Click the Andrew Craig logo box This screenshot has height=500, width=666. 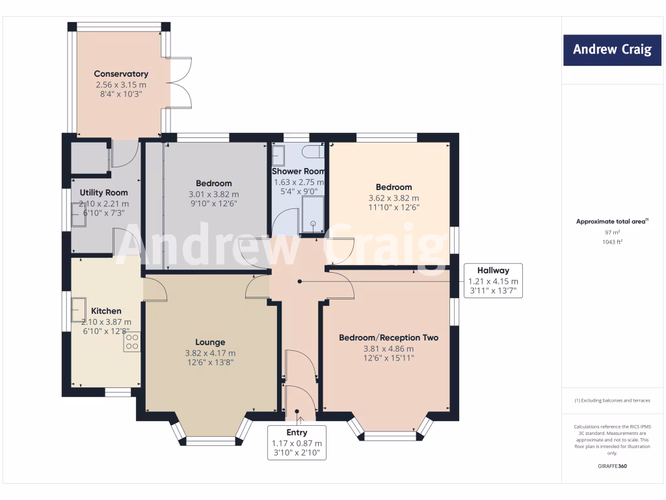pyautogui.click(x=612, y=50)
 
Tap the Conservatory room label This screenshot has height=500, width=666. pyautogui.click(x=121, y=74)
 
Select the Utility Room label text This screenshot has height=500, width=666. pyautogui.click(x=103, y=193)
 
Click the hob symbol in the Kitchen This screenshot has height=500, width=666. pyautogui.click(x=132, y=342)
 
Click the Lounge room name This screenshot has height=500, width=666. pyautogui.click(x=210, y=342)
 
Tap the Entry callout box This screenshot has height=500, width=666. pyautogui.click(x=297, y=443)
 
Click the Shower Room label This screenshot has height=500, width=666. pyautogui.click(x=299, y=171)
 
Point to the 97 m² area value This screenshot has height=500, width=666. pyautogui.click(x=612, y=232)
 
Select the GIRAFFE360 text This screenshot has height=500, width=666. pyautogui.click(x=612, y=466)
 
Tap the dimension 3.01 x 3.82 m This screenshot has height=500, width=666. pyautogui.click(x=213, y=194)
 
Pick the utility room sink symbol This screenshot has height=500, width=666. pyautogui.click(x=79, y=214)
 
